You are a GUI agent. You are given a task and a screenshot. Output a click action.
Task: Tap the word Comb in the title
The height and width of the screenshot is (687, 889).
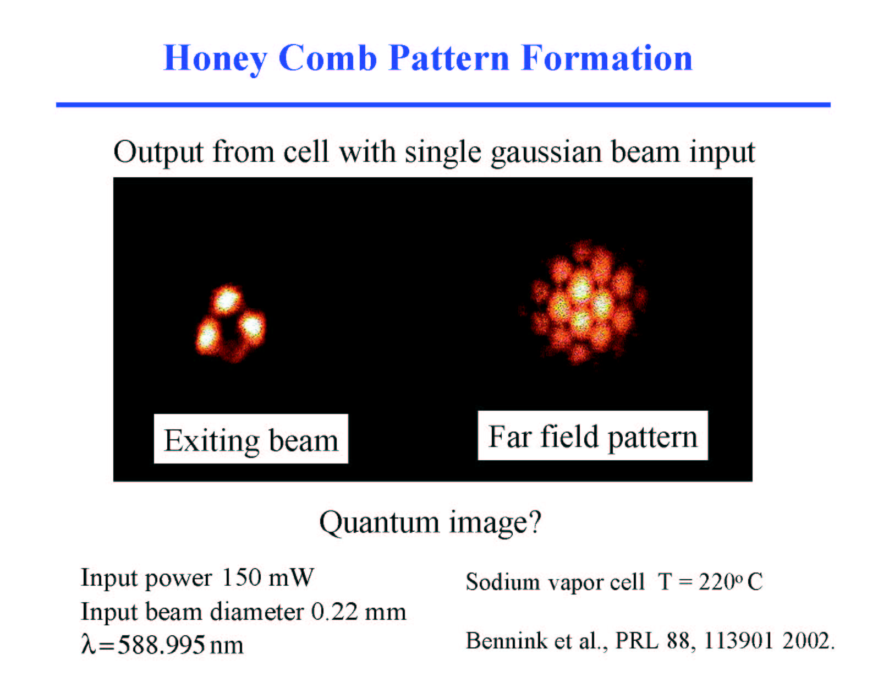point(327,58)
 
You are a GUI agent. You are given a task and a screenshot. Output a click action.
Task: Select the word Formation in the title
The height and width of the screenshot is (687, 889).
point(607,58)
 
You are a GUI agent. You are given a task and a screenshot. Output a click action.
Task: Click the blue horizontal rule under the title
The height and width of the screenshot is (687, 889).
point(443,105)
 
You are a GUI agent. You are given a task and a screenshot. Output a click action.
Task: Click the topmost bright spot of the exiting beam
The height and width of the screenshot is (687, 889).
point(226,301)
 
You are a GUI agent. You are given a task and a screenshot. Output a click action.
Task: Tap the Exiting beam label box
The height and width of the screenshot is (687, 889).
point(251,439)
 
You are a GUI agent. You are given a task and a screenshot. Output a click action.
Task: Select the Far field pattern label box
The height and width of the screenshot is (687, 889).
point(593,435)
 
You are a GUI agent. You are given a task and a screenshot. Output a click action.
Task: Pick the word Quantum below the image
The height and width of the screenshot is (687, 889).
point(379,524)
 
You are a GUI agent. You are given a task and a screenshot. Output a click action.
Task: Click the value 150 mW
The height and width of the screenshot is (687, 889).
point(268,577)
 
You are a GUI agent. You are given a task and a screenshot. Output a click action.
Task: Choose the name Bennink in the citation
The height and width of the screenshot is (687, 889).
point(507,641)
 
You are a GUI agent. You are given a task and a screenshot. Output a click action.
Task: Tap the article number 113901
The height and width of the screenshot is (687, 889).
point(738,641)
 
